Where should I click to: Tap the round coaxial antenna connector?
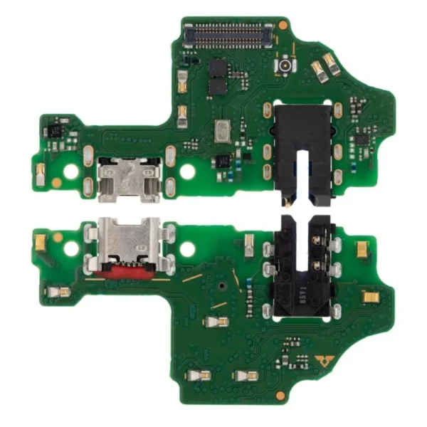pos(285,66)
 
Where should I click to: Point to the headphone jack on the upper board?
pos(299,146)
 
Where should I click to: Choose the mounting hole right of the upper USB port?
pos(187,172)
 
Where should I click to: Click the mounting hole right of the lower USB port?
pos(187,249)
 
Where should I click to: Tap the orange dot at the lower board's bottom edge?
pos(282,394)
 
